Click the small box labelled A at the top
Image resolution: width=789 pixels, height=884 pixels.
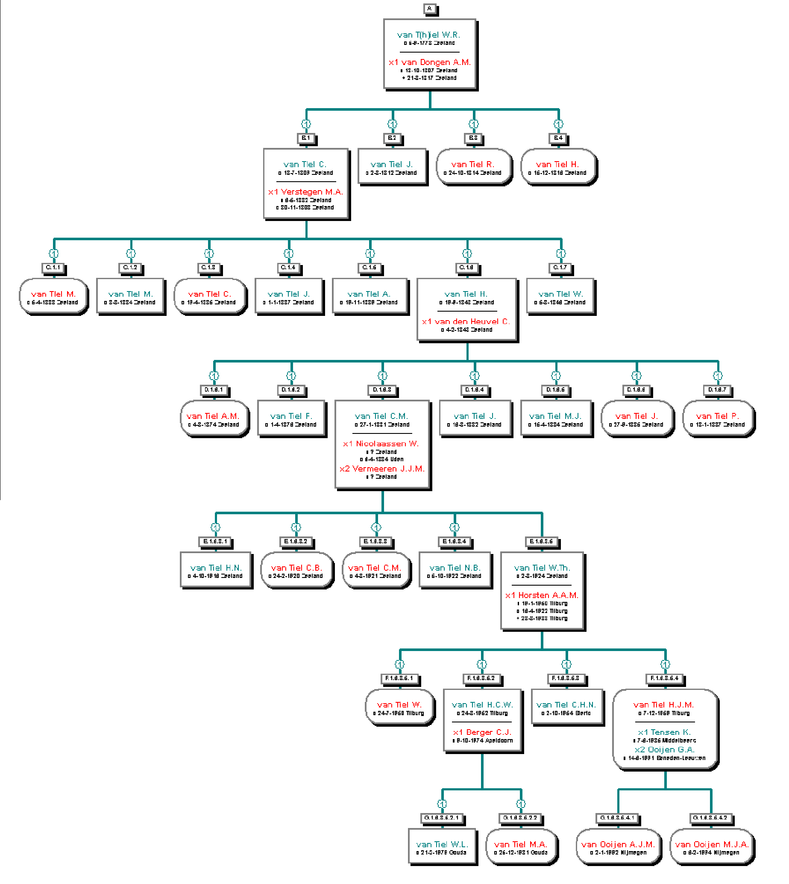pyautogui.click(x=429, y=9)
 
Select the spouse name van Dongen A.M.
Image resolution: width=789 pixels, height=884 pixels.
pyautogui.click(x=430, y=62)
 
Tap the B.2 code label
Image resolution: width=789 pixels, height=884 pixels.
pyautogui.click(x=392, y=138)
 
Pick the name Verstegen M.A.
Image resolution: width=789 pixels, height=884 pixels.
pyautogui.click(x=305, y=192)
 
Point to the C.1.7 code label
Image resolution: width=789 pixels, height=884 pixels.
pyautogui.click(x=560, y=268)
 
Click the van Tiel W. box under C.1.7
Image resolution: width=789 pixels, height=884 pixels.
pyautogui.click(x=560, y=297)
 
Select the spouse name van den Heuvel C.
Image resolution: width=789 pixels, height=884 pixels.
pyautogui.click(x=466, y=321)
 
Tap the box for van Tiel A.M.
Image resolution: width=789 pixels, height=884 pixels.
pyautogui.click(x=214, y=419)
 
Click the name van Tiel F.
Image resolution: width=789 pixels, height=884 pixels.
pyautogui.click(x=291, y=416)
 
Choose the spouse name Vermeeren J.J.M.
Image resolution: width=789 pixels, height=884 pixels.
pyautogui.click(x=382, y=469)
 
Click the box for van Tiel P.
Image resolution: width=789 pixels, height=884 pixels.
pyautogui.click(x=718, y=419)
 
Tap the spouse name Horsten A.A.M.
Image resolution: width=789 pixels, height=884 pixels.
pyautogui.click(x=542, y=595)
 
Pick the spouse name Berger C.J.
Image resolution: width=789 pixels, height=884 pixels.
pyautogui.click(x=482, y=732)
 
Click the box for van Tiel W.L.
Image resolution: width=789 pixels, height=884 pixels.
pyautogui.click(x=442, y=847)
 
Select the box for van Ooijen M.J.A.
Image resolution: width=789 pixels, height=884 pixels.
pyautogui.click(x=712, y=847)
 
